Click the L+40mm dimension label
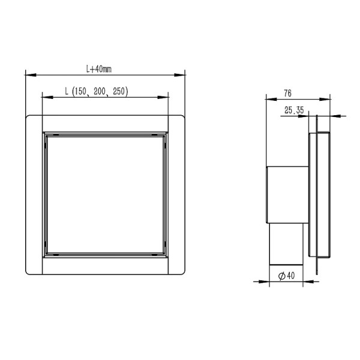tap(99, 69)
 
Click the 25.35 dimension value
tap(294, 110)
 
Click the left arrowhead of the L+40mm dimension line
tap(28, 75)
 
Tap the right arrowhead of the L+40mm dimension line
tap(181, 75)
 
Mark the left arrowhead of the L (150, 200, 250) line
tap(45, 97)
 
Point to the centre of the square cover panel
tap(105, 193)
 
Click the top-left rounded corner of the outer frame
tap(28, 116)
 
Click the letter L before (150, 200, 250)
tap(67, 91)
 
